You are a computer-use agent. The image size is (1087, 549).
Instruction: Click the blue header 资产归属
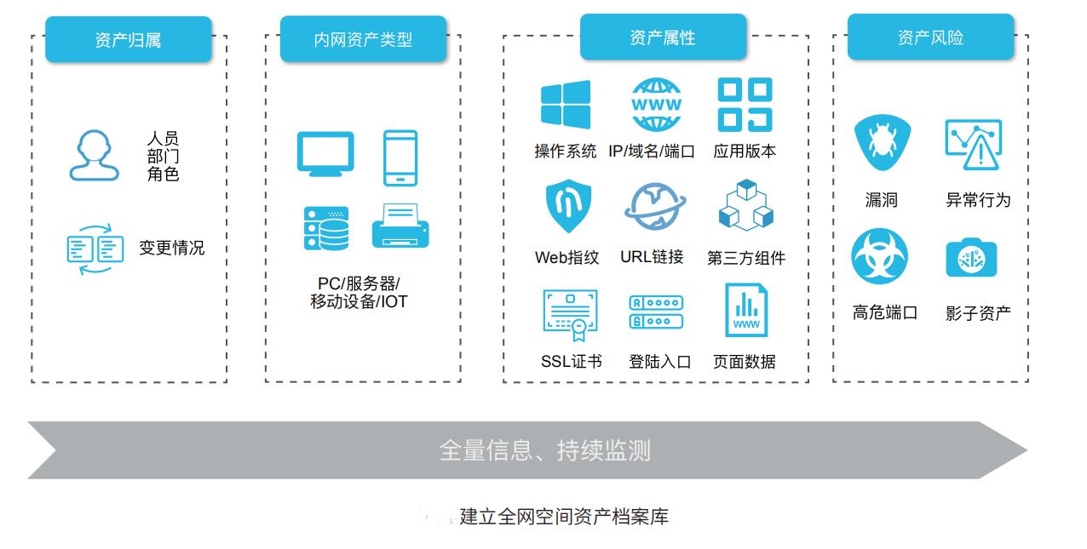pyautogui.click(x=129, y=39)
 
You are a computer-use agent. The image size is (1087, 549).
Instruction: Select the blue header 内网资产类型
pyautogui.click(x=363, y=39)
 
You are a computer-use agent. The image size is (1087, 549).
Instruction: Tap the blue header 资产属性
pyautogui.click(x=663, y=37)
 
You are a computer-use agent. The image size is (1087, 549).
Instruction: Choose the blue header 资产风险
pyautogui.click(x=931, y=37)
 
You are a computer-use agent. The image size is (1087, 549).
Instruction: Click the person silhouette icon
pyautogui.click(x=95, y=155)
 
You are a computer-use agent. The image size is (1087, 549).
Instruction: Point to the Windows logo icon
pyautogui.click(x=566, y=105)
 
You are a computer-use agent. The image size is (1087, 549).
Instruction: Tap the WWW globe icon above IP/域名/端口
pyautogui.click(x=656, y=105)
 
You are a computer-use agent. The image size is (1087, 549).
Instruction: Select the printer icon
pyautogui.click(x=400, y=226)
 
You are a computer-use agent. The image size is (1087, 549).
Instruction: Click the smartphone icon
pyautogui.click(x=400, y=158)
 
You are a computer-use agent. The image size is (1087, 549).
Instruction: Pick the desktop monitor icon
pyautogui.click(x=325, y=154)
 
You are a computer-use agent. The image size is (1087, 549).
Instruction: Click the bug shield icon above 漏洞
pyautogui.click(x=883, y=142)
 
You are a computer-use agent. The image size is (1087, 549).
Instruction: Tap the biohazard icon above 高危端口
pyautogui.click(x=879, y=256)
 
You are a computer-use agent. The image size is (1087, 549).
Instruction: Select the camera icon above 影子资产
pyautogui.click(x=971, y=258)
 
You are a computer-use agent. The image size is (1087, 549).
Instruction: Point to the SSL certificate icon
pyautogui.click(x=570, y=315)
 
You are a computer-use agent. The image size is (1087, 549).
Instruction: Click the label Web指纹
pyautogui.click(x=567, y=257)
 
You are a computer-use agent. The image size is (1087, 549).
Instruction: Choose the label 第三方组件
pyautogui.click(x=746, y=258)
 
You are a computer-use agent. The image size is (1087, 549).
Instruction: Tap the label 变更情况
pyautogui.click(x=172, y=248)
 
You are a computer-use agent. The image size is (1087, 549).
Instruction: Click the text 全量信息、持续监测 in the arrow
pyautogui.click(x=545, y=450)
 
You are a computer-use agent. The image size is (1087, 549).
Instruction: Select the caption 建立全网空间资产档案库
pyautogui.click(x=564, y=517)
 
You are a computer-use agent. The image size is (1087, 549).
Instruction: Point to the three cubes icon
pyautogui.click(x=746, y=206)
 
